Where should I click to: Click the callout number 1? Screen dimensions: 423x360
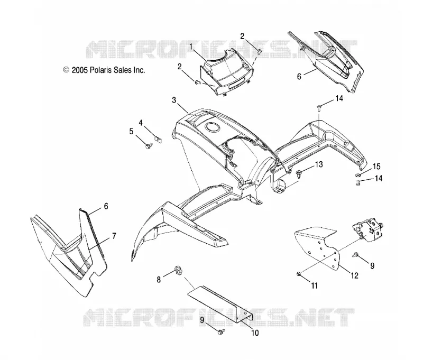191,47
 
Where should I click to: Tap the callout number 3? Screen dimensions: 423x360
174,100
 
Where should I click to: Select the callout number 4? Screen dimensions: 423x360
141,123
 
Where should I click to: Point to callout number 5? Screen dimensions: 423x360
131,132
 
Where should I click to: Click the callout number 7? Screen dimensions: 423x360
114,236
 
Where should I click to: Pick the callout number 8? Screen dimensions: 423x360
159,280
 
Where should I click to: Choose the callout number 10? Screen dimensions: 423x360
255,333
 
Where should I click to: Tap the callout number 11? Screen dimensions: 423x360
314,285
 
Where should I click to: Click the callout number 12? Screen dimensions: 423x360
354,275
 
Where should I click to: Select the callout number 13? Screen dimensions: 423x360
319,164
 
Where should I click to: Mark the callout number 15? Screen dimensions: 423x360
376,167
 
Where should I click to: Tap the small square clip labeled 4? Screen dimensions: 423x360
158,140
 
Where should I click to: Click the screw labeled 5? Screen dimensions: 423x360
148,146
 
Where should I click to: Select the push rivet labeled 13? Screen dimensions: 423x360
299,173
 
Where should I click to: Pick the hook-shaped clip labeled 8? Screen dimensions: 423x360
178,270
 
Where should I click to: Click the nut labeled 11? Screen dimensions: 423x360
298,274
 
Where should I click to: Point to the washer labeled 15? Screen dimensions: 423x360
358,176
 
